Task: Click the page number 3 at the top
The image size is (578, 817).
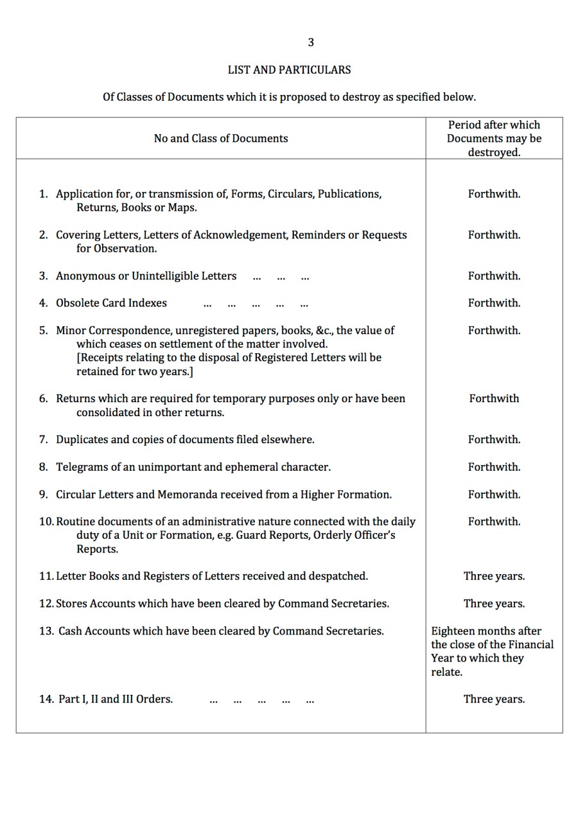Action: tap(311, 42)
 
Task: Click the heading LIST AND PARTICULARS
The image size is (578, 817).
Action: tap(289, 69)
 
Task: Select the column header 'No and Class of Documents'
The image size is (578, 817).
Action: tap(220, 138)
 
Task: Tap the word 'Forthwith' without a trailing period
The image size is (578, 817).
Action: tap(494, 398)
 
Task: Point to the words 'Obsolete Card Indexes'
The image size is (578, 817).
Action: tap(111, 303)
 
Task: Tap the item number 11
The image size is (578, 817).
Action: tap(46, 576)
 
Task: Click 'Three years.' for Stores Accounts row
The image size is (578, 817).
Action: tap(494, 604)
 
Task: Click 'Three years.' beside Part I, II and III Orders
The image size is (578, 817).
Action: tap(494, 699)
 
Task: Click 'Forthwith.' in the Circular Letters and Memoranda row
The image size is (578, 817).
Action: tap(494, 495)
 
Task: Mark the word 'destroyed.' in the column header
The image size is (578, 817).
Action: tap(494, 153)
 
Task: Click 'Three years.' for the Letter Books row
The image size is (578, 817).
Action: tap(494, 576)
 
